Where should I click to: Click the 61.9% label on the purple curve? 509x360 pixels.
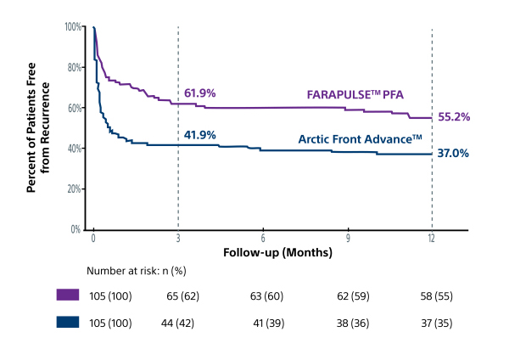199,93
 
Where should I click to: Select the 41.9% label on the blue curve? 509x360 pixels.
199,135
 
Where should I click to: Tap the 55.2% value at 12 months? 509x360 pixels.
454,117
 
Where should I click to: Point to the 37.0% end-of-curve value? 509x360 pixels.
453,153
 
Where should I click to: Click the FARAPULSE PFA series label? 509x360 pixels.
355,94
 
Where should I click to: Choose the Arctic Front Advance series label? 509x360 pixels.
360,139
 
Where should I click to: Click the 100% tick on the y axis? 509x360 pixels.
73,26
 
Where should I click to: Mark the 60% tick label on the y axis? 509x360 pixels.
75,108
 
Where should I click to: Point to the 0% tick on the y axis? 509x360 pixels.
76,229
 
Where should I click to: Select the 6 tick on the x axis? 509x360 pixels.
263,239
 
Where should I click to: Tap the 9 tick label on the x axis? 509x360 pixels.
348,239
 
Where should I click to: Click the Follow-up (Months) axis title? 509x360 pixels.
277,252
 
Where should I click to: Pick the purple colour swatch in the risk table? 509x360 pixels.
68,295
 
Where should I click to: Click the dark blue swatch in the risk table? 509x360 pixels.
68,322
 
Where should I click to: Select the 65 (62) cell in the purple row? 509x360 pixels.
182,296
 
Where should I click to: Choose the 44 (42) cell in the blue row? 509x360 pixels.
177,323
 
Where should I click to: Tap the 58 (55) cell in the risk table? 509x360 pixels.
436,296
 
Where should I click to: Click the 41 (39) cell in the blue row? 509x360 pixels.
268,323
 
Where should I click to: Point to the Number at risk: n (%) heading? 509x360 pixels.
137,271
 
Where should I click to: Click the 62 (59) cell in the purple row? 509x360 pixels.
353,296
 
